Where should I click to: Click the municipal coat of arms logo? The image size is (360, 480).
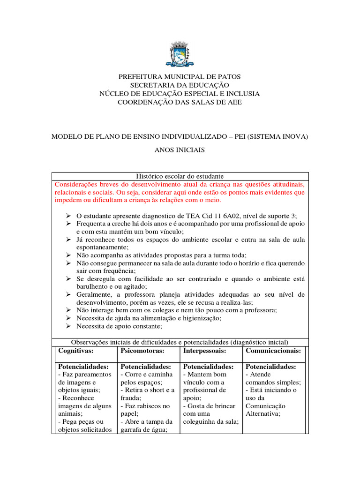180,53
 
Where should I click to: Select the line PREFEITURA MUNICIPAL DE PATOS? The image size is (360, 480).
180,76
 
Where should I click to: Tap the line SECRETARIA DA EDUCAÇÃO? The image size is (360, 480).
180,85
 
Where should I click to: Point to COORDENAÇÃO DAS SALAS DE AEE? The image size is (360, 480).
180,102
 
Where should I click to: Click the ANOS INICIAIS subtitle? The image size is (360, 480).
180,150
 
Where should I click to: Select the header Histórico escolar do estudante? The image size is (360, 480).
180,176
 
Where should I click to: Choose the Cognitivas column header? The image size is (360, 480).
75,351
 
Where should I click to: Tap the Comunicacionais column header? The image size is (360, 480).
273,351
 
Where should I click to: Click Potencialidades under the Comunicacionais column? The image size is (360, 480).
270,367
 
